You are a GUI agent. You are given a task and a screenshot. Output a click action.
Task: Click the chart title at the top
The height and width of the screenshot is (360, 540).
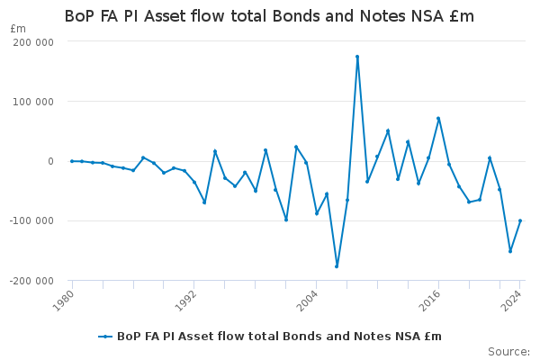coord(269,16)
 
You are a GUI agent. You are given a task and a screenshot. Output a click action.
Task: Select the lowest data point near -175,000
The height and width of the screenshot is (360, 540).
coord(337,266)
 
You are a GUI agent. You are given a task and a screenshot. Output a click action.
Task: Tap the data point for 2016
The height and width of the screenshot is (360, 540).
coord(438,118)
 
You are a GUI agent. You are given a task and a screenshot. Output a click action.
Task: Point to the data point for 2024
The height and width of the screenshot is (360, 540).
coord(520,220)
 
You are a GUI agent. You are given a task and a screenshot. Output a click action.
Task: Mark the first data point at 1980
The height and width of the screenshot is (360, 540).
coord(72,161)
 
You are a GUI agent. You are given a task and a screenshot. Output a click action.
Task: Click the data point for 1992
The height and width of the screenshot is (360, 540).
coord(194,182)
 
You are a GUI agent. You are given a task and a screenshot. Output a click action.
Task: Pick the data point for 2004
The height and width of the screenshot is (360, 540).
coord(317,213)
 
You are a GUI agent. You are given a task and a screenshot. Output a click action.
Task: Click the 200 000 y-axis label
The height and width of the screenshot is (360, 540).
coord(33,42)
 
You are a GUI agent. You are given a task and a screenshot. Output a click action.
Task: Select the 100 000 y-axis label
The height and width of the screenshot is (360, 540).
coord(33,102)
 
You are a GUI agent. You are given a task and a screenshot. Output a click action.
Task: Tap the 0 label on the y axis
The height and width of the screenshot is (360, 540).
coord(51,161)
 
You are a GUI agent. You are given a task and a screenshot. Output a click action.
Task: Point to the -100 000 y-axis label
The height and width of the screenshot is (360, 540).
coord(31,220)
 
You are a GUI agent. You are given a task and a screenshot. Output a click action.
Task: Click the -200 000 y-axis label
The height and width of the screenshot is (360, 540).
coord(31,281)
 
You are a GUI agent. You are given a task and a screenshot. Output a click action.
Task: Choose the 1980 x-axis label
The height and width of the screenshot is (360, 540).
coord(64,301)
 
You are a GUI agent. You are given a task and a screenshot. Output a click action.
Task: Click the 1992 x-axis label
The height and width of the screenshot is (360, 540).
coord(186,301)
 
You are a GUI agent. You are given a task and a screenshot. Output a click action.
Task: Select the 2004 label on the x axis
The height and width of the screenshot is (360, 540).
coord(308,301)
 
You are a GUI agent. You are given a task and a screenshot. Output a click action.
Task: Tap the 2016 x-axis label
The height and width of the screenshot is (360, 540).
coord(430,301)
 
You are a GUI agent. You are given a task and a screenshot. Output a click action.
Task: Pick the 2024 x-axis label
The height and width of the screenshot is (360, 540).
coord(512,301)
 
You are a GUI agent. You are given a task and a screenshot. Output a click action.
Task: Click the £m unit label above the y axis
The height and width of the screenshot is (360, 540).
coord(18,29)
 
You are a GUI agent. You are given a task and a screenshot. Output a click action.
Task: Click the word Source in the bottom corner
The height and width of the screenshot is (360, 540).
coord(508,352)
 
